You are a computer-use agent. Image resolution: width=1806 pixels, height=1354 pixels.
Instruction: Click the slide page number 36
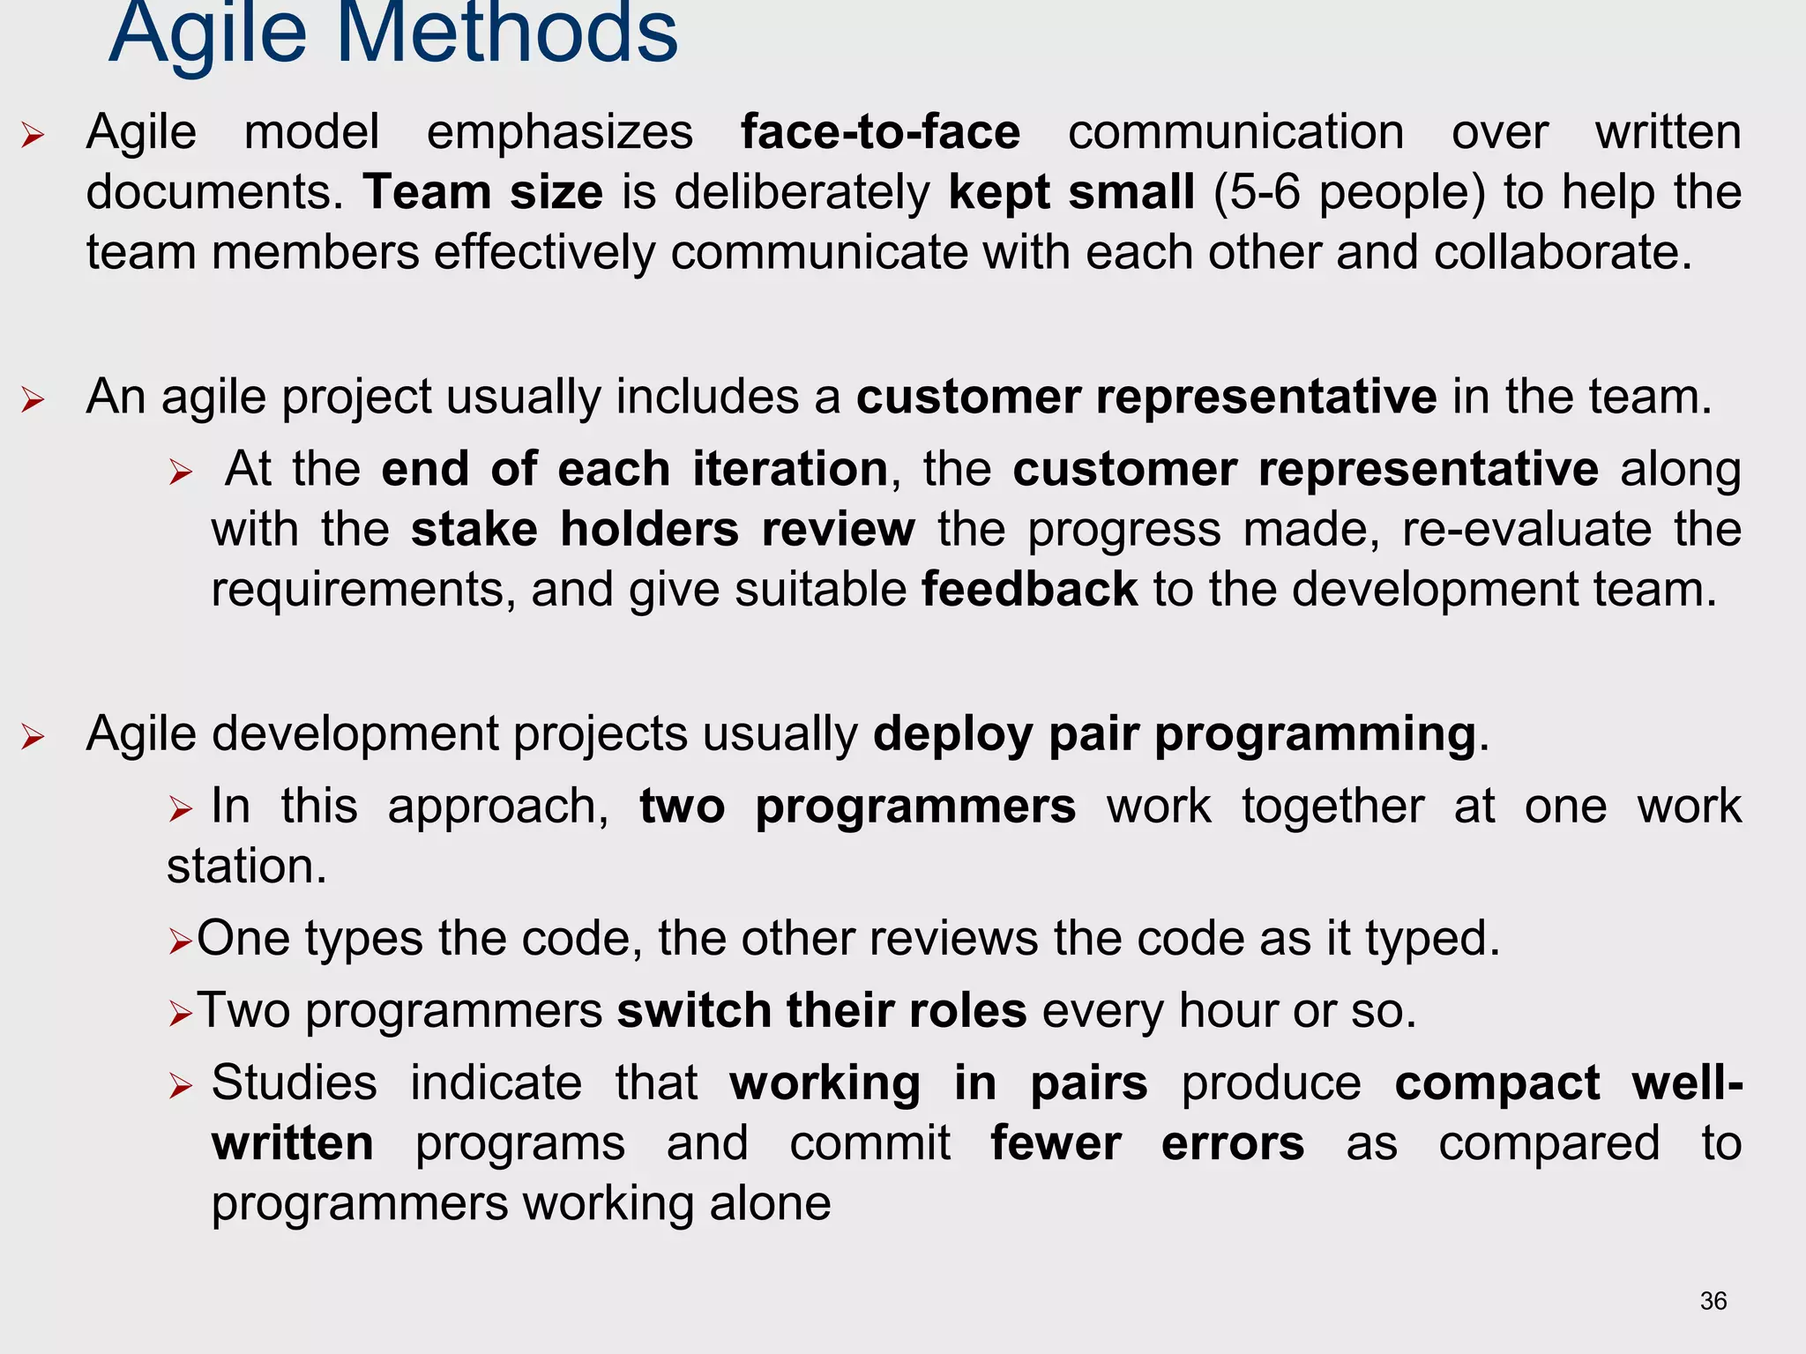[x=1713, y=1301]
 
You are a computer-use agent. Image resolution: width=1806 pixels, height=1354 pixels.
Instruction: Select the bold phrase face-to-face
[x=880, y=132]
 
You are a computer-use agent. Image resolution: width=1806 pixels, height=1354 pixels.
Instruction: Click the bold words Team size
[x=483, y=192]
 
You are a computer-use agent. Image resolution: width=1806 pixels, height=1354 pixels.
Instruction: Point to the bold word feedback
[x=1029, y=589]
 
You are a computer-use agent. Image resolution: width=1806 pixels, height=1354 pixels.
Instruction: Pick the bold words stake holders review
[x=663, y=529]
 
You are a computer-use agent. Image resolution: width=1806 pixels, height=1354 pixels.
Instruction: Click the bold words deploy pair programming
[x=1175, y=733]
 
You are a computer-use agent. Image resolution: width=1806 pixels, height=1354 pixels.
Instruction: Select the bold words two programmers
[x=857, y=806]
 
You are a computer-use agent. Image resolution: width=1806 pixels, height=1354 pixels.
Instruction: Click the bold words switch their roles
[x=821, y=1010]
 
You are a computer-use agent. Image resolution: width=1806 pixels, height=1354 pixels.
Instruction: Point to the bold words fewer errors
[x=1146, y=1143]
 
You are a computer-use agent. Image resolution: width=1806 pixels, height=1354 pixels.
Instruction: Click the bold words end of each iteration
[x=634, y=469]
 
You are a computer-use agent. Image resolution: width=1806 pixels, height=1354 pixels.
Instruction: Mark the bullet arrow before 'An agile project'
[x=34, y=399]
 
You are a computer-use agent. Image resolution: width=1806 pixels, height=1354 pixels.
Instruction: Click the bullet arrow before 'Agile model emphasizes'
[x=34, y=135]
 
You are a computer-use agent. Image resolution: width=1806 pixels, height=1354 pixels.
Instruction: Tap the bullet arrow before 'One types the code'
[x=180, y=942]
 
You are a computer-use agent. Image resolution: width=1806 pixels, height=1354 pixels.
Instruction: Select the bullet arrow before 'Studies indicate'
[x=180, y=1086]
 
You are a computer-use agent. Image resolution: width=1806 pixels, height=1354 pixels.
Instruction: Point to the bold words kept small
[x=1071, y=192]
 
